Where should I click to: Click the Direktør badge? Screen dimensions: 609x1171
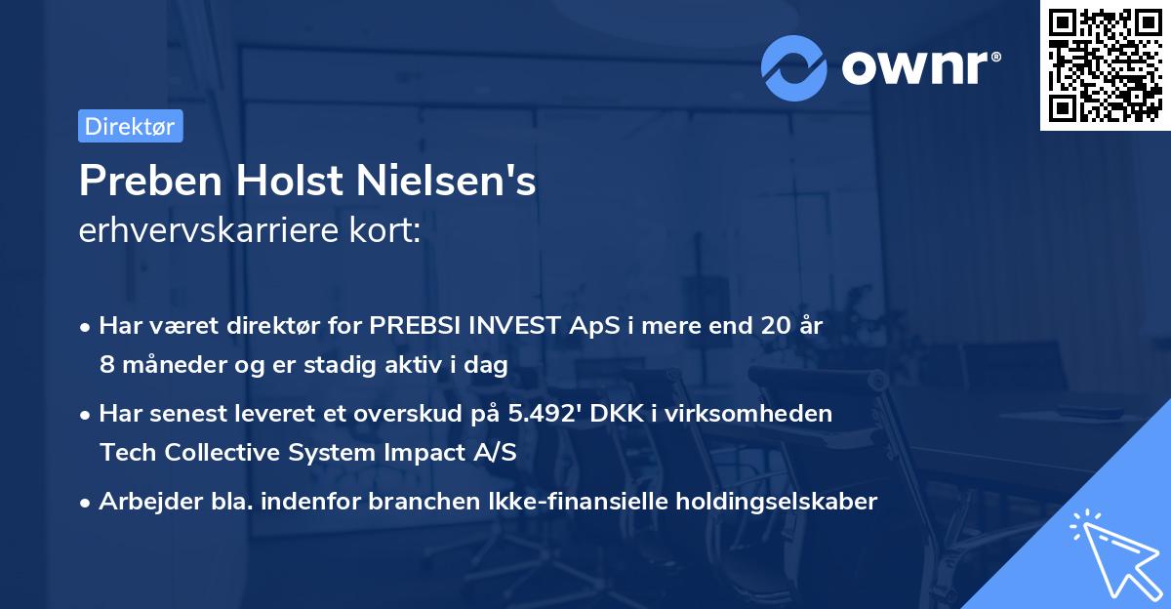coord(130,126)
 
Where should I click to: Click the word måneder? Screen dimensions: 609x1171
coord(160,365)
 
